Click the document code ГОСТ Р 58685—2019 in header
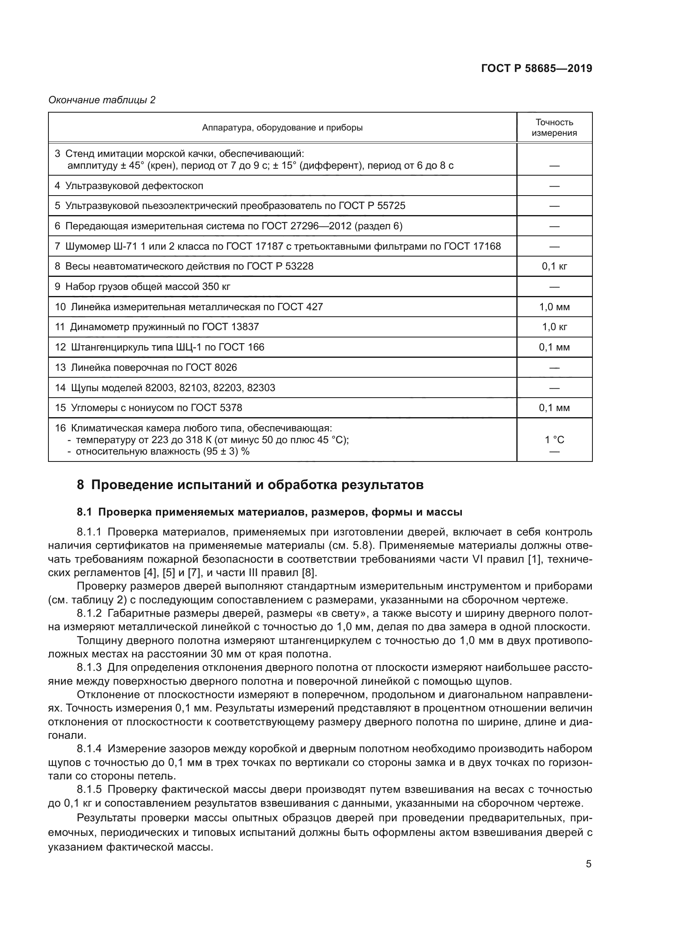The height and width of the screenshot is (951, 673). [x=536, y=68]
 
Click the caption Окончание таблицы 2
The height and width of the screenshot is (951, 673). [x=102, y=100]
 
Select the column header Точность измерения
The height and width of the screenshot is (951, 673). [x=554, y=128]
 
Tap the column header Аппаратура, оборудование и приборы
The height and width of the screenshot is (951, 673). [x=282, y=128]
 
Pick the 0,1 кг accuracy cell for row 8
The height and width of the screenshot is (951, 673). [x=554, y=266]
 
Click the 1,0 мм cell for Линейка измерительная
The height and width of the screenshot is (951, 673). [x=554, y=307]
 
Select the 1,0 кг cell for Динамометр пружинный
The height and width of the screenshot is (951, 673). [x=554, y=327]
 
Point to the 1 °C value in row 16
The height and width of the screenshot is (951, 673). [x=554, y=440]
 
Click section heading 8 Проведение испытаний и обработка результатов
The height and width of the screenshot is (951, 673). [x=250, y=485]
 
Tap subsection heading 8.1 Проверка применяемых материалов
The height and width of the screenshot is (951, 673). [x=269, y=512]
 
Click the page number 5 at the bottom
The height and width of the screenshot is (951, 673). [x=588, y=864]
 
